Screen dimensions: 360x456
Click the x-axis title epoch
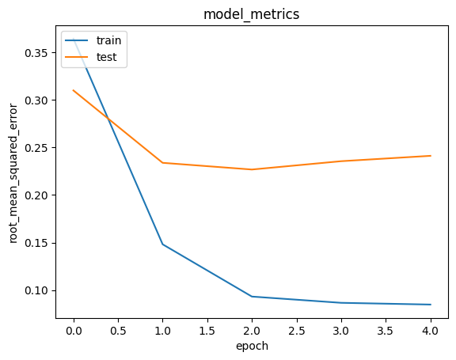tap(252, 346)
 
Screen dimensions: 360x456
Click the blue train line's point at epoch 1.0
tap(163, 244)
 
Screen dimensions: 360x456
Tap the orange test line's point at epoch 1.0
tap(163, 163)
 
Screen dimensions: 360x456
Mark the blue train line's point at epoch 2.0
tap(252, 297)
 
